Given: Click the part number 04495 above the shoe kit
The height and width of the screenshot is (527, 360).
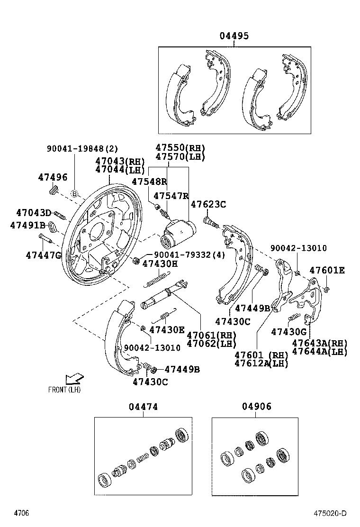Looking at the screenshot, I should (234, 36).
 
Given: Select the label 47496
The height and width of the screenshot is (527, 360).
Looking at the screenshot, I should (53, 177).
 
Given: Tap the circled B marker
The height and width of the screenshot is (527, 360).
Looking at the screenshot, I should (74, 193).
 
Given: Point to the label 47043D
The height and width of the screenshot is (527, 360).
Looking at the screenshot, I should (34, 213).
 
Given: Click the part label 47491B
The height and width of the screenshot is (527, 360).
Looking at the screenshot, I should (28, 225).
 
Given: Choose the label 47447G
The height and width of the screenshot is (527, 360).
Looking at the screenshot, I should (44, 255).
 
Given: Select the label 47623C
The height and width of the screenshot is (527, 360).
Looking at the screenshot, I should (208, 204).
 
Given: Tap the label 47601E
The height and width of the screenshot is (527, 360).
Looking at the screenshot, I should (327, 271).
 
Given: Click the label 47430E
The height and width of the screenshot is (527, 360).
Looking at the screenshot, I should (167, 329).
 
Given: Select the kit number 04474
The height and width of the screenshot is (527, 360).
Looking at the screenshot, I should (143, 407).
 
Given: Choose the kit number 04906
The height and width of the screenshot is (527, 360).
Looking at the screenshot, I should (257, 407).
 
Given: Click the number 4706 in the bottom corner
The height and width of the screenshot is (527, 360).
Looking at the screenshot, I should (21, 513).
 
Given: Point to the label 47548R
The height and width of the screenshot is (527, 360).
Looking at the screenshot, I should (150, 182).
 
